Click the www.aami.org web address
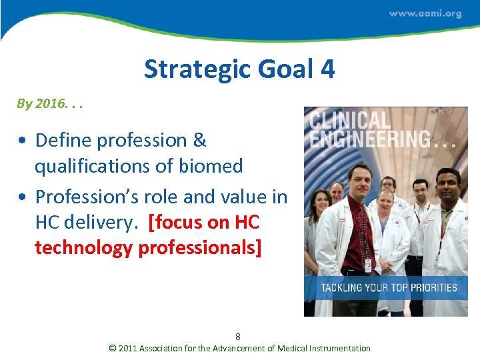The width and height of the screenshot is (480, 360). (425, 13)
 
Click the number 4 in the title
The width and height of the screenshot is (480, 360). (327, 69)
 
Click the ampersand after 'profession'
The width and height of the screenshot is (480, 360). (199, 140)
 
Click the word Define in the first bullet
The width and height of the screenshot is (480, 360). (63, 140)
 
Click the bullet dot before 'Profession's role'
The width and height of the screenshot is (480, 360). (23, 197)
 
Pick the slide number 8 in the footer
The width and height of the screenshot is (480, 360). (238, 337)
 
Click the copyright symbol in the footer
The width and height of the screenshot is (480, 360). (113, 348)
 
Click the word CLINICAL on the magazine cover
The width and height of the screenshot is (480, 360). (349, 121)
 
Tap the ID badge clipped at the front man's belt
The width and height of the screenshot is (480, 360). (368, 265)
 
